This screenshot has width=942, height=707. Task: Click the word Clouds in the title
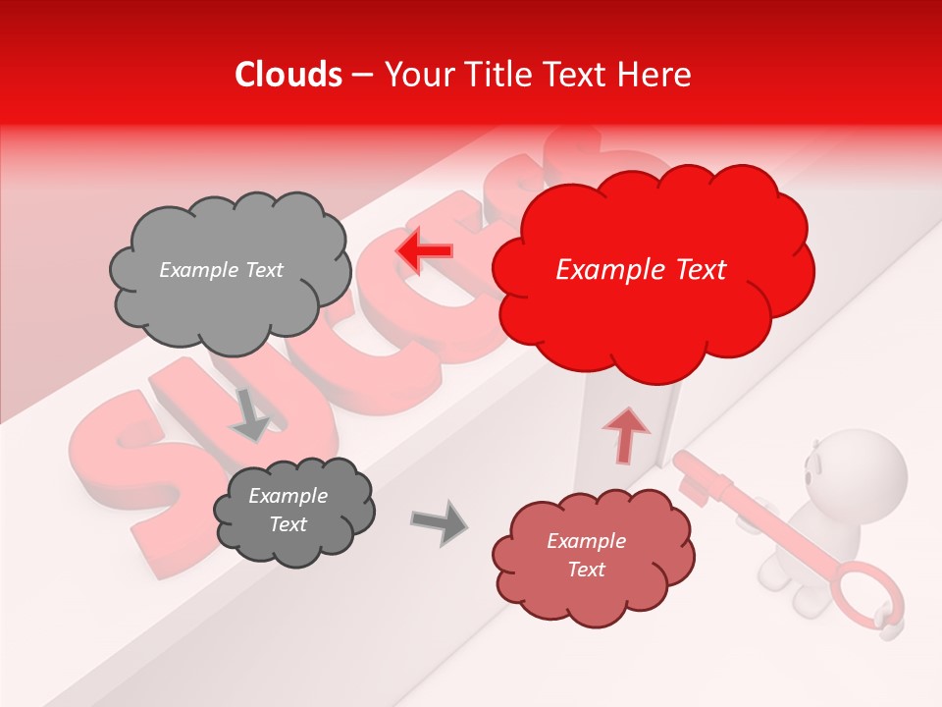click(x=288, y=75)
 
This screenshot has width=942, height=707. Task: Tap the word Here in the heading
click(x=654, y=75)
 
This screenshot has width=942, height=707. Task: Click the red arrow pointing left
click(x=423, y=251)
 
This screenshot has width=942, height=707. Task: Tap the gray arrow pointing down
click(x=250, y=414)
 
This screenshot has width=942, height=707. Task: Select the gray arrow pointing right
click(x=440, y=522)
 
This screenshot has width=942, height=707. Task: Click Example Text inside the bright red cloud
click(x=641, y=270)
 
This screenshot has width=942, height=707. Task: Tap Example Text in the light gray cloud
click(x=221, y=270)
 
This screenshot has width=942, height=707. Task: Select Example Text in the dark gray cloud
click(x=288, y=511)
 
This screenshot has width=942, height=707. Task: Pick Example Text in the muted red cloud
click(x=586, y=556)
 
